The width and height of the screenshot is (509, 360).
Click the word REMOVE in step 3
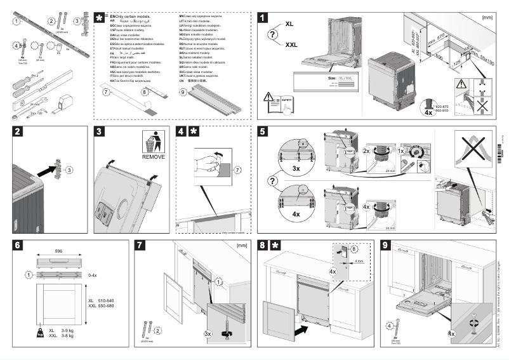tap(154, 156)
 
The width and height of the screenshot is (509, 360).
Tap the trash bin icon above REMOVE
tap(153, 141)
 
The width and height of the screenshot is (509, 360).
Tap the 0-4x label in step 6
tap(93, 276)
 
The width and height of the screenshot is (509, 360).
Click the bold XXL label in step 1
tap(291, 45)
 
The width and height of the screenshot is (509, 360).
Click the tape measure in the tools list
tap(65, 101)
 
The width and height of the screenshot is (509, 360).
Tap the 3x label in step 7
tap(208, 333)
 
